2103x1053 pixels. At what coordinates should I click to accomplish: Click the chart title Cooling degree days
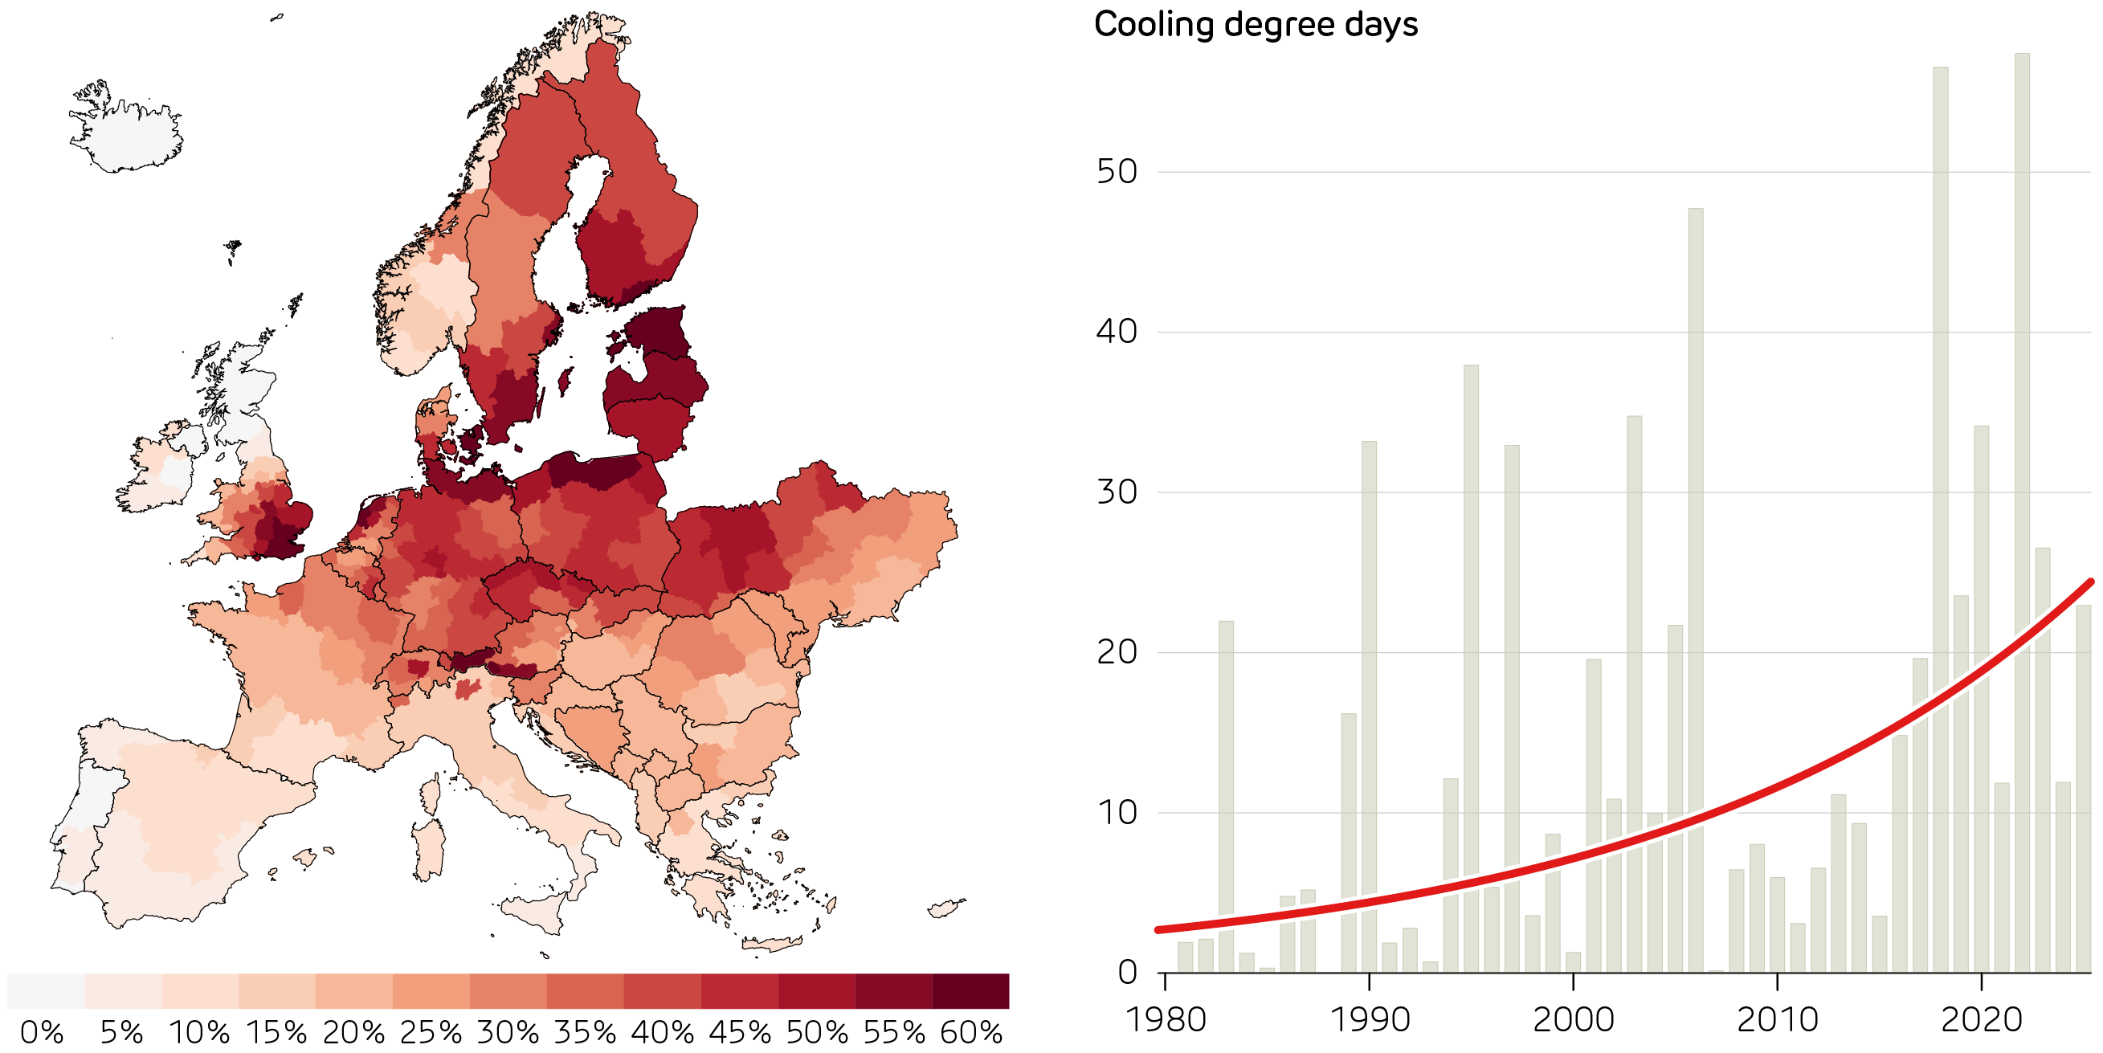[1255, 24]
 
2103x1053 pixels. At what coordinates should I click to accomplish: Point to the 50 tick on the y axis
[1116, 172]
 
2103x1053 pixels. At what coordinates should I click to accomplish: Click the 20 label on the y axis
[1116, 652]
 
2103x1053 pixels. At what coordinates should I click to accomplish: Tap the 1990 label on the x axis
[1369, 1019]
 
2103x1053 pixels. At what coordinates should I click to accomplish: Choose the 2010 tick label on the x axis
[1777, 1019]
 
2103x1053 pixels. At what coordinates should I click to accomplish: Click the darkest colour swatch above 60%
[970, 991]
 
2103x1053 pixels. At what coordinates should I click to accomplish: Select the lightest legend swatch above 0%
[46, 991]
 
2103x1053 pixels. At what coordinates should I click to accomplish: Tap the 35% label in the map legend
[585, 1033]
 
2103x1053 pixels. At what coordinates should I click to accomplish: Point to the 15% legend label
[277, 1033]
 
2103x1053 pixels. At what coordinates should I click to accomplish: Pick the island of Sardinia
[429, 849]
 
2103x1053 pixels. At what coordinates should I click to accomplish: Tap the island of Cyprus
[945, 908]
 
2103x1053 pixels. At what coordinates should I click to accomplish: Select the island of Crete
[771, 945]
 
